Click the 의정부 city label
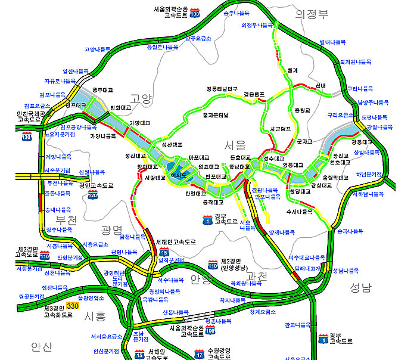(312, 14)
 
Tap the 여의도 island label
(179, 176)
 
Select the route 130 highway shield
(26, 137)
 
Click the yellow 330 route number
(73, 306)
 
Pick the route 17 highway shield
(199, 355)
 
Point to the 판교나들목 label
(298, 325)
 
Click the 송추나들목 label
(236, 12)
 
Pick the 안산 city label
(42, 346)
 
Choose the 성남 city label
(361, 288)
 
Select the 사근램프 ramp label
(280, 128)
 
